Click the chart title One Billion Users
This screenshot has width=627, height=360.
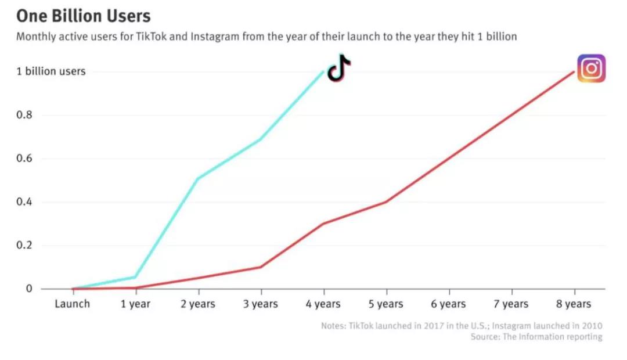83,15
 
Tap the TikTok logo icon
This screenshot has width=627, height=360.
339,69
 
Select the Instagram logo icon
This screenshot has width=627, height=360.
591,69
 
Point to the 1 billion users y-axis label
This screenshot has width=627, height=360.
51,71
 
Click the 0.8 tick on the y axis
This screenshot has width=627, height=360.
24,115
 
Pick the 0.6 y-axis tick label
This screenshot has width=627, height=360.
24,159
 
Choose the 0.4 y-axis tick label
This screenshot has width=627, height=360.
24,202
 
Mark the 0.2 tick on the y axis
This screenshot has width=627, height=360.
24,246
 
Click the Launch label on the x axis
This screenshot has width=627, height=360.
72,304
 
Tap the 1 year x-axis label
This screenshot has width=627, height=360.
135,304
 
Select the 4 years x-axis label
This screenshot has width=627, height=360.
323,304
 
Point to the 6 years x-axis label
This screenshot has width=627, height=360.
449,304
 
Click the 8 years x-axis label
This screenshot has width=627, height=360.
574,304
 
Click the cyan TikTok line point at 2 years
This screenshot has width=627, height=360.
198,178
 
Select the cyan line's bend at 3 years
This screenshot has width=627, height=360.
261,139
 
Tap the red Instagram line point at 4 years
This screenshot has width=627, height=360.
323,224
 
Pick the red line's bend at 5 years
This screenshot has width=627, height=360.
386,201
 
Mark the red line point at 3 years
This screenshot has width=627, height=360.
261,267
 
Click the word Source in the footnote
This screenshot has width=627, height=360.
484,337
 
